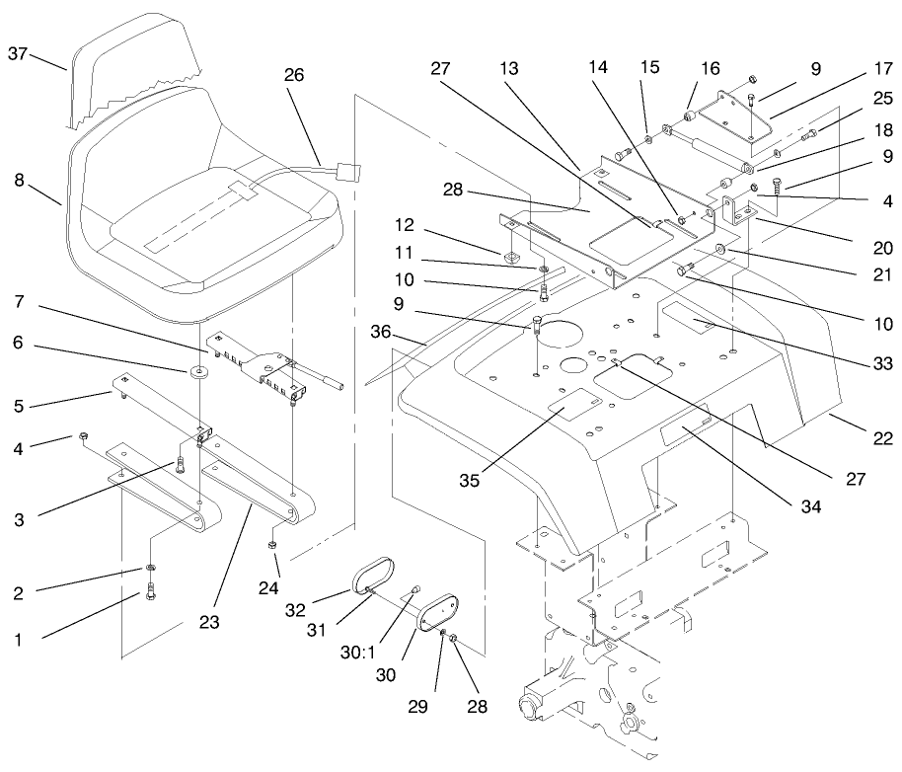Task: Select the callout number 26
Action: [293, 75]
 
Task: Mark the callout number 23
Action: [208, 622]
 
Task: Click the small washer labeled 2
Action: [150, 569]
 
